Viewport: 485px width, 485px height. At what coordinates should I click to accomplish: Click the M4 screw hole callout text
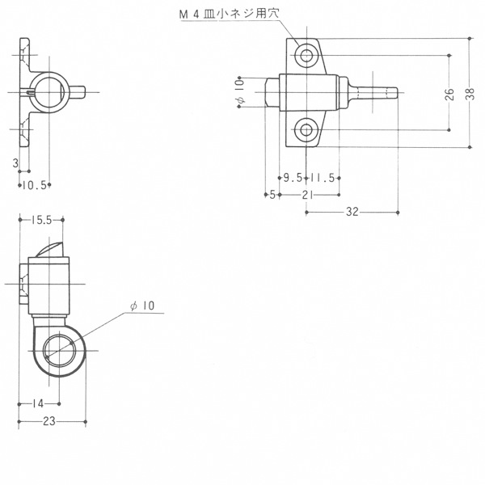pyautogui.click(x=230, y=14)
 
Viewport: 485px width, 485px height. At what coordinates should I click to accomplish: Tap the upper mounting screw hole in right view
pyautogui.click(x=306, y=56)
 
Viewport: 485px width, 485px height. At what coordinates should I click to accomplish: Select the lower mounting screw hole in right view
pyautogui.click(x=306, y=130)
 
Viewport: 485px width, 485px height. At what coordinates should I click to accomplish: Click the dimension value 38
pyautogui.click(x=470, y=94)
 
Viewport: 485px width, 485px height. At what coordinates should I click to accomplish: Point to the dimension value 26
pyautogui.click(x=449, y=94)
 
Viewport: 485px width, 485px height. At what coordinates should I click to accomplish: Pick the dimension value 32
pyautogui.click(x=352, y=212)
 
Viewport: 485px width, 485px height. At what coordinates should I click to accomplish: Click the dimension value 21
pyautogui.click(x=307, y=195)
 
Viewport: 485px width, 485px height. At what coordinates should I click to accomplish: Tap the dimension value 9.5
pyautogui.click(x=293, y=178)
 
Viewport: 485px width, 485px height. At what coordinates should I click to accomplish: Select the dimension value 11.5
pyautogui.click(x=323, y=178)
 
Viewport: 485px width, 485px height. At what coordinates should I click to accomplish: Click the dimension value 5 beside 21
pyautogui.click(x=272, y=195)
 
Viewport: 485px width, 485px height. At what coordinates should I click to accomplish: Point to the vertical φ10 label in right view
pyautogui.click(x=241, y=91)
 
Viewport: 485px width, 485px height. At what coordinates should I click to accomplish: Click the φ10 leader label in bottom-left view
pyautogui.click(x=142, y=306)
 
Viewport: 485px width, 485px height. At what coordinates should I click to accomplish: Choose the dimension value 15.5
pyautogui.click(x=41, y=220)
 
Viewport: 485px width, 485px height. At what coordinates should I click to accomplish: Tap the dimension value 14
pyautogui.click(x=38, y=403)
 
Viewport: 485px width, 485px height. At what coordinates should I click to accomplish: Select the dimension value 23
pyautogui.click(x=49, y=421)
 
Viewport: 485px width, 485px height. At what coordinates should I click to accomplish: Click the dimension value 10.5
pyautogui.click(x=34, y=185)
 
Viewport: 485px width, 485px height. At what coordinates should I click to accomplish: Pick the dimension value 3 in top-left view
pyautogui.click(x=15, y=163)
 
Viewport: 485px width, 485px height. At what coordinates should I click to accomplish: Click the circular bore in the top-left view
pyautogui.click(x=49, y=92)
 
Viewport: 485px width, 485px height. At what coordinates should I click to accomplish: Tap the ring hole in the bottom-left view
pyautogui.click(x=59, y=351)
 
